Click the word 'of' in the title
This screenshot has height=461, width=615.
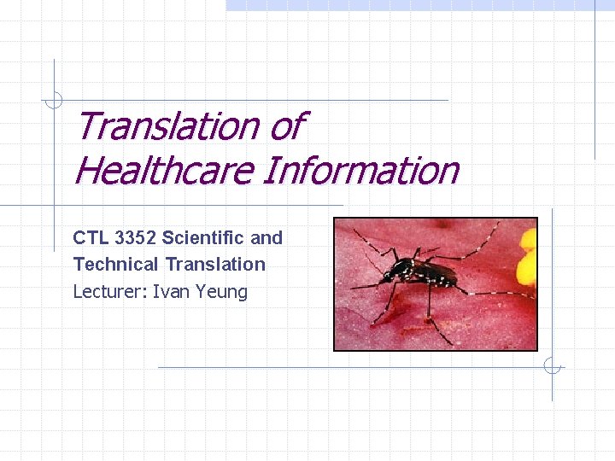click(286, 126)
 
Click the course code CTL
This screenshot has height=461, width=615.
click(89, 237)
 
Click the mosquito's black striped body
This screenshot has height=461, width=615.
click(427, 272)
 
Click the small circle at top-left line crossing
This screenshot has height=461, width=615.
click(54, 101)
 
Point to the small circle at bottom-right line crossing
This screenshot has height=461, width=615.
click(553, 367)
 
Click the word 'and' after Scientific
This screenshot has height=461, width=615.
click(266, 237)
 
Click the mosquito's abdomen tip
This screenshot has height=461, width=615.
click(458, 277)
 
